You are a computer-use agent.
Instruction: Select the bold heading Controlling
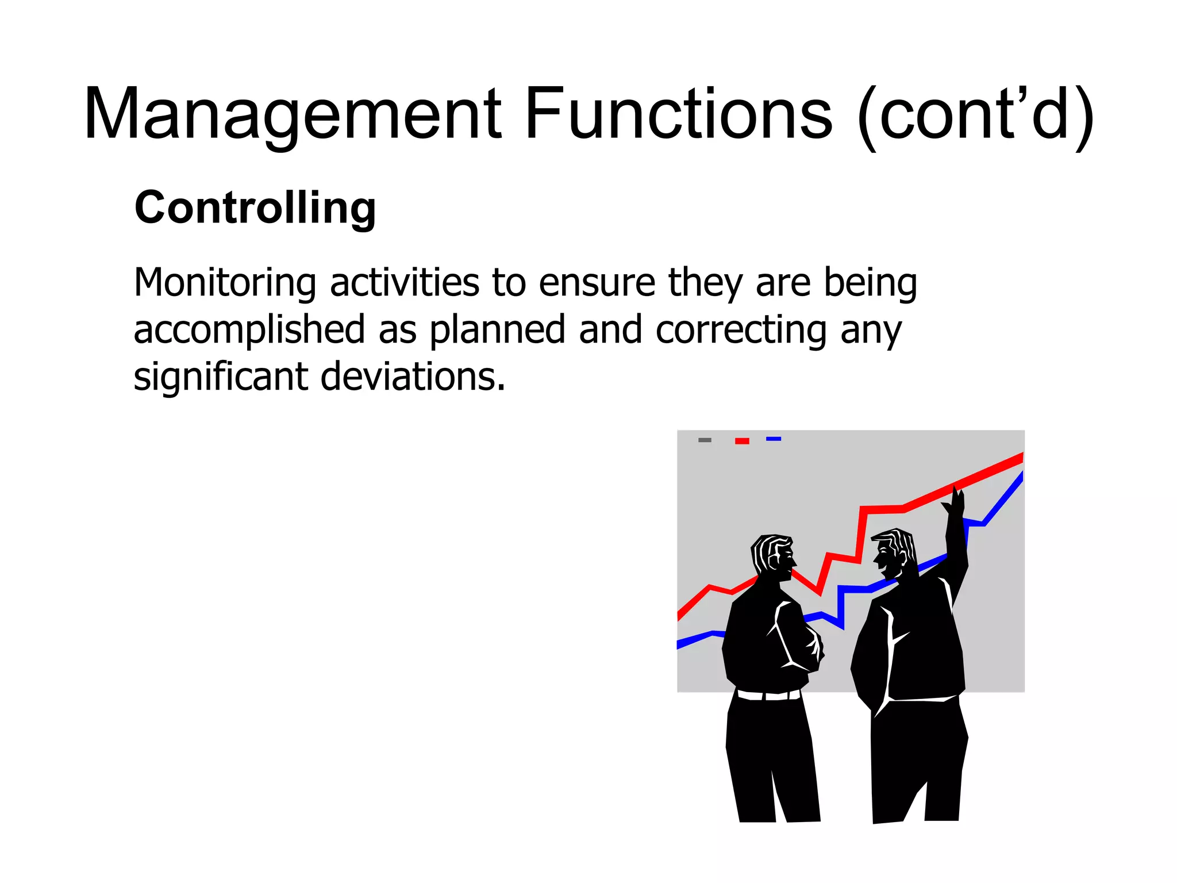(x=255, y=208)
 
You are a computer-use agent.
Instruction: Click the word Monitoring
(x=225, y=283)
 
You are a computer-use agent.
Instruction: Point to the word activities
(x=405, y=283)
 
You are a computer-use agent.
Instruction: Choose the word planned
(x=498, y=331)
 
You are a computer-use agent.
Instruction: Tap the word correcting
(x=741, y=331)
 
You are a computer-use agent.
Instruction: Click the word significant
(x=221, y=377)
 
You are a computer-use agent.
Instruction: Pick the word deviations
(x=413, y=377)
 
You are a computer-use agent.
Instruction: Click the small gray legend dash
(x=705, y=440)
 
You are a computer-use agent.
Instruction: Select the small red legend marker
(x=742, y=441)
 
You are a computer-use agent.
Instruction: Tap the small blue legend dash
(x=774, y=439)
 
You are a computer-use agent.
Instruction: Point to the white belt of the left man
(x=768, y=696)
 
